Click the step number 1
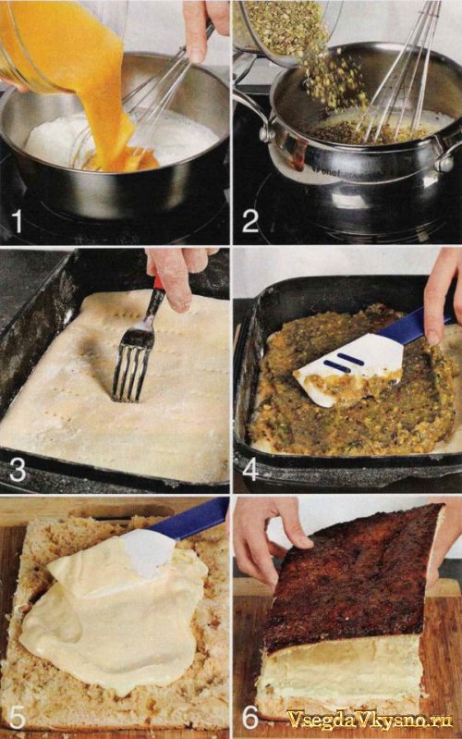tap(18, 221)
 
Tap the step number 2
tap(250, 221)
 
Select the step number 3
tap(18, 471)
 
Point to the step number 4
tap(250, 470)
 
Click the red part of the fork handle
tap(159, 283)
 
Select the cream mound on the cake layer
tap(113, 622)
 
